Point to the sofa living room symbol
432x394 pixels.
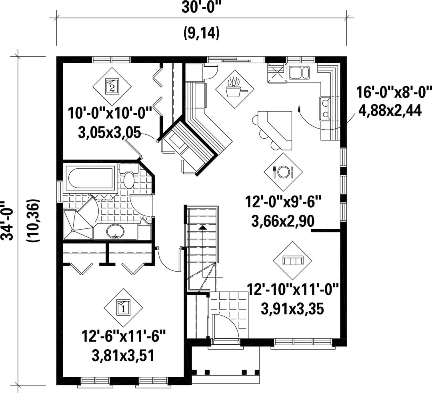(292, 260)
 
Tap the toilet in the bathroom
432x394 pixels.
(129, 176)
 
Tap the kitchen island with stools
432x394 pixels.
(272, 129)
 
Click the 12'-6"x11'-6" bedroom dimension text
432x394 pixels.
(124, 336)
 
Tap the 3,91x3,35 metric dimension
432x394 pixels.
(292, 309)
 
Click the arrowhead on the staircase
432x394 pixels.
(202, 227)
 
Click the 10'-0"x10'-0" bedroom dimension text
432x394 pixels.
(110, 113)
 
